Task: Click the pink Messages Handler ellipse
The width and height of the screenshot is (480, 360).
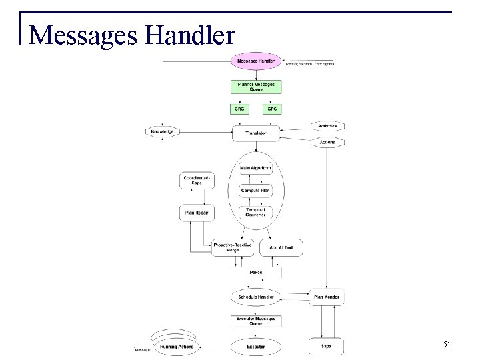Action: (256, 61)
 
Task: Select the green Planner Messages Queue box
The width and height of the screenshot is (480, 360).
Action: (256, 86)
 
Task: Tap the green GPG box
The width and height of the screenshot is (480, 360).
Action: (272, 108)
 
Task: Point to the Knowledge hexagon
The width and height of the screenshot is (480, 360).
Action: (163, 132)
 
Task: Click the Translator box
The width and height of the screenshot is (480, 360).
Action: (256, 133)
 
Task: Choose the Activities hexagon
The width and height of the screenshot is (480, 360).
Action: (326, 126)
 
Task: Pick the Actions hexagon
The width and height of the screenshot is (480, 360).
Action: (326, 142)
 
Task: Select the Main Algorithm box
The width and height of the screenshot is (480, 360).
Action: (256, 168)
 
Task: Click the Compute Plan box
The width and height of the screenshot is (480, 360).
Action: (256, 190)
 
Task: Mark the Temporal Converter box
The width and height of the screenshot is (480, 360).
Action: (256, 212)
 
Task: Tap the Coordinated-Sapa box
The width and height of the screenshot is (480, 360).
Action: (196, 180)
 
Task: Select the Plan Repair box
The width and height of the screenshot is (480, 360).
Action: (196, 213)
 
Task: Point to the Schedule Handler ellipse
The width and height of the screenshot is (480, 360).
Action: (256, 295)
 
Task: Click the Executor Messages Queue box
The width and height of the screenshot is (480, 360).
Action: (256, 321)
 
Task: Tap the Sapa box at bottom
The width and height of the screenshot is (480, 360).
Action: (326, 347)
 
